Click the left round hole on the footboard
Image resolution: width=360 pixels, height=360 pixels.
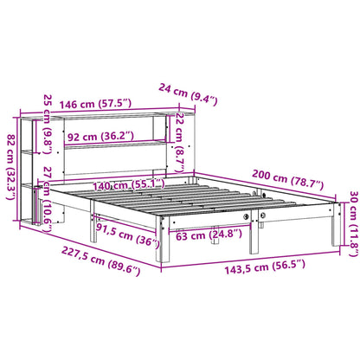click(249, 216)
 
